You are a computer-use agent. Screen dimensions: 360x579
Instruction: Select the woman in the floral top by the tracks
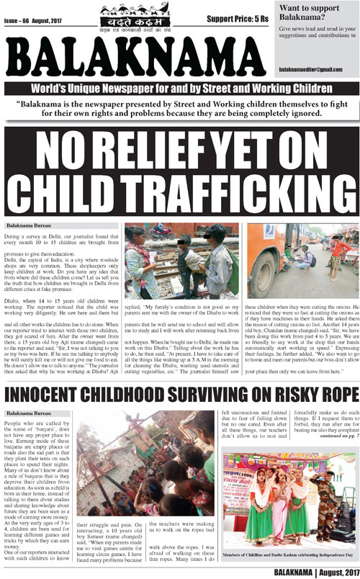(x=137, y=263)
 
